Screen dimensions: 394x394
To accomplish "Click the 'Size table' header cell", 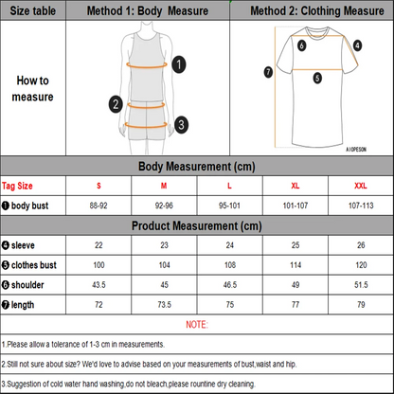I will pyautogui.click(x=33, y=9).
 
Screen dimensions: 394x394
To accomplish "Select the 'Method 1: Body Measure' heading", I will pyautogui.click(x=148, y=9).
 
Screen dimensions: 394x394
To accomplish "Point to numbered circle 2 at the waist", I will pyautogui.click(x=115, y=104).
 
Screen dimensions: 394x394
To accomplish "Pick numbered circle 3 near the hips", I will pyautogui.click(x=181, y=122).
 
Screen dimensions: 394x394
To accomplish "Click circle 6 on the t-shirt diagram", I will pyautogui.click(x=301, y=45).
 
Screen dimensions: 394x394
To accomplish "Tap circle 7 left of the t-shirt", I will pyautogui.click(x=268, y=72).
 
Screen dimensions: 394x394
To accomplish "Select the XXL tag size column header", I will pyautogui.click(x=359, y=185).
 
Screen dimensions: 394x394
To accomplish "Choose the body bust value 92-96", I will pyautogui.click(x=164, y=205).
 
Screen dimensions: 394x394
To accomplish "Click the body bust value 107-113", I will pyautogui.click(x=359, y=205).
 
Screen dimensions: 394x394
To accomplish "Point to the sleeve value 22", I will pyautogui.click(x=99, y=245).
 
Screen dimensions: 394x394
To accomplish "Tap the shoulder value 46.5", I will pyautogui.click(x=228, y=283).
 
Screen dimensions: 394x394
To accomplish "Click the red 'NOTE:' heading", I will pyautogui.click(x=197, y=323).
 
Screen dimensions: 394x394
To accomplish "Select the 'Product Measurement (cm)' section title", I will pyautogui.click(x=197, y=225).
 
